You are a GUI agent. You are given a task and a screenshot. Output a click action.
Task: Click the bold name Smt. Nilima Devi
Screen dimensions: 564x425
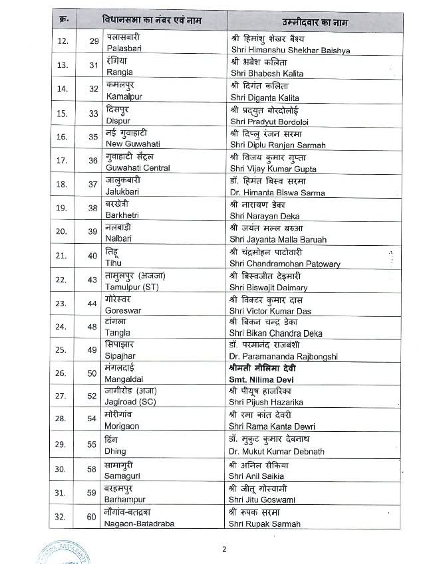pyautogui.click(x=266, y=381)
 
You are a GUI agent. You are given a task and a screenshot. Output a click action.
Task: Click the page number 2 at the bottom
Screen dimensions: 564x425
pyautogui.click(x=224, y=549)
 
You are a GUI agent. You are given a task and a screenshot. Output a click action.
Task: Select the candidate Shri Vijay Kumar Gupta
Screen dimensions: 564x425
pyautogui.click(x=273, y=169)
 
